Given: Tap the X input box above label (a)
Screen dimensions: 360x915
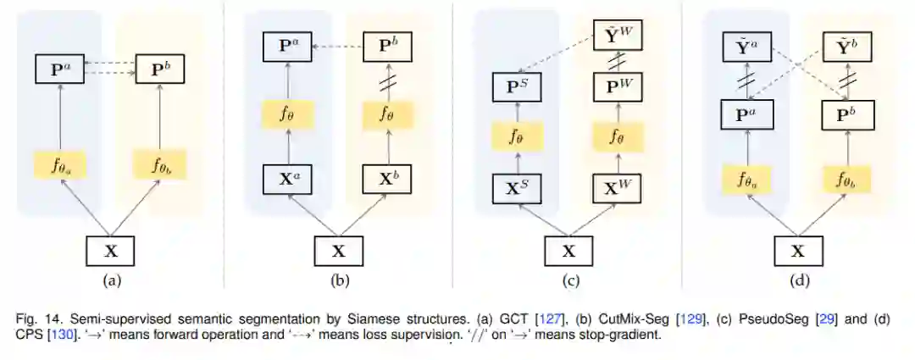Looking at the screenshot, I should point(109,251).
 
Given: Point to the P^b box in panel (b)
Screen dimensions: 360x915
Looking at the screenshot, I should point(388,46).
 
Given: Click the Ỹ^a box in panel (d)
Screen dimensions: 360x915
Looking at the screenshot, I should point(746,46).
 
